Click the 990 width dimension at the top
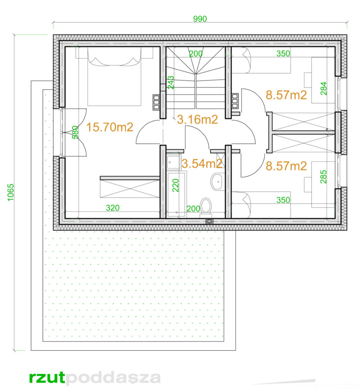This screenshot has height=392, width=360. [200, 19]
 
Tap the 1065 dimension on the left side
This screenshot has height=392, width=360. [11, 192]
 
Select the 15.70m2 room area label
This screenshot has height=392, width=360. [109, 127]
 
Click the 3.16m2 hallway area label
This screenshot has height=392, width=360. [197, 120]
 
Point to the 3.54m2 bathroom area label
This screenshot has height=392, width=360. [202, 164]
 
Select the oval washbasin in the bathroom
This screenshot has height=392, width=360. [217, 181]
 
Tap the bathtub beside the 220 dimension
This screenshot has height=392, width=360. [176, 194]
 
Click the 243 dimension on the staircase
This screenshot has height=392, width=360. [171, 83]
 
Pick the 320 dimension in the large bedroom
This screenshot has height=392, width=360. [112, 208]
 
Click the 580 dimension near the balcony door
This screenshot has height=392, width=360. [76, 132]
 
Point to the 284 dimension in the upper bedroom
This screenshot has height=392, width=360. [324, 88]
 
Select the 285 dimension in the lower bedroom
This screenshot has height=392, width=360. [323, 177]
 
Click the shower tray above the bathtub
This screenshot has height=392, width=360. [173, 162]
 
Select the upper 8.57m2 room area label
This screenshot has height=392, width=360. [286, 95]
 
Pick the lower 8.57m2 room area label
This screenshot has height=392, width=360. [286, 166]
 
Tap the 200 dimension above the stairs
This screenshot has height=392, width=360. [196, 53]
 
